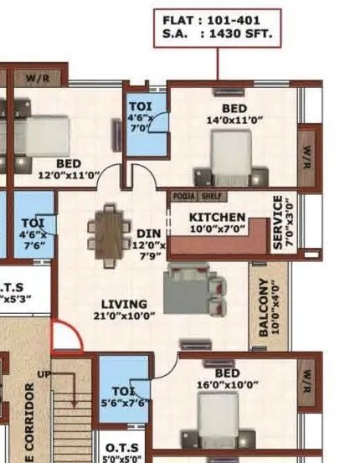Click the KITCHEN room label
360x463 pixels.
coord(217,217)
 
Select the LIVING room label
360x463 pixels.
coord(124,303)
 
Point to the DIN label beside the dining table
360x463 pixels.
coord(148,233)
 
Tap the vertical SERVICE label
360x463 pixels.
coord(279,223)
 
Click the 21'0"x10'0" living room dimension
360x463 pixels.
coord(124,316)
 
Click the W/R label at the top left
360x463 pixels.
coord(38,80)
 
